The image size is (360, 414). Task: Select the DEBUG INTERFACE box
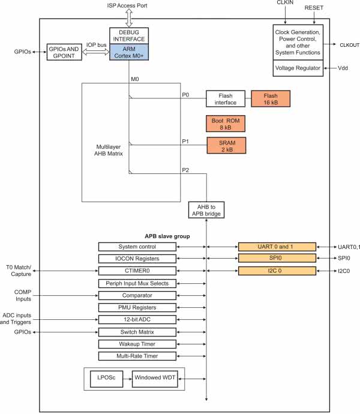(x=128, y=35)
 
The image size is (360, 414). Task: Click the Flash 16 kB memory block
(x=270, y=98)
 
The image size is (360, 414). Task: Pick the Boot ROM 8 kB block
(x=224, y=124)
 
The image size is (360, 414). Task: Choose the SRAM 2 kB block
(x=227, y=145)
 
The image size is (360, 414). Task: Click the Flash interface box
(x=225, y=98)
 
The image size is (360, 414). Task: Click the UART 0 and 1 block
(x=277, y=247)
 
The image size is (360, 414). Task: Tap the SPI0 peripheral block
(x=277, y=259)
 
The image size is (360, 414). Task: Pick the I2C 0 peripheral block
(x=277, y=271)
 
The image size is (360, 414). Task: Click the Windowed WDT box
(x=158, y=379)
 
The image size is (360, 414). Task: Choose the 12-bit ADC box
(x=137, y=319)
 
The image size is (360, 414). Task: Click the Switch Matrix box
(x=137, y=332)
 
